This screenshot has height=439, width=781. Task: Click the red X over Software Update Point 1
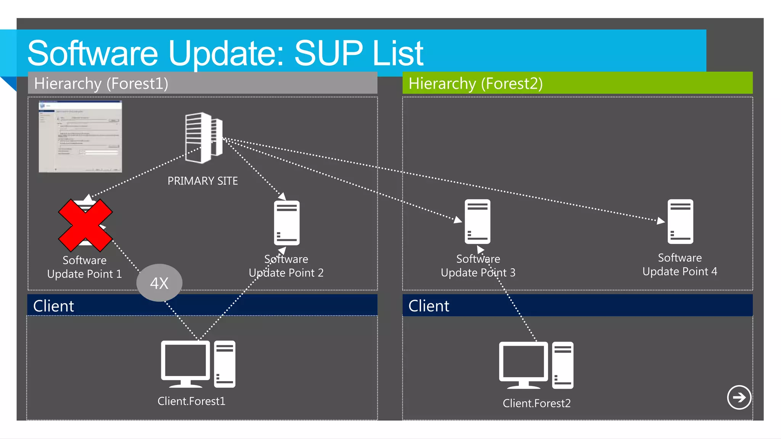click(x=85, y=225)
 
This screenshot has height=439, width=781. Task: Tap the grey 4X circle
click(x=159, y=283)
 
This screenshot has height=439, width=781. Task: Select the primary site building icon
click(x=203, y=138)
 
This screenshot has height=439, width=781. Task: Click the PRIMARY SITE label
click(x=202, y=181)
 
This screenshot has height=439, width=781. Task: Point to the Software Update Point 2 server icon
click(x=286, y=223)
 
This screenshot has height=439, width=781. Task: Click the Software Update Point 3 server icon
click(x=477, y=222)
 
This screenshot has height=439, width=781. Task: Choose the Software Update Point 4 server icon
click(x=680, y=222)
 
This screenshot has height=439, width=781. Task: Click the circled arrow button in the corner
click(x=739, y=397)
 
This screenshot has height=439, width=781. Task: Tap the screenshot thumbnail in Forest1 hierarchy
click(x=80, y=136)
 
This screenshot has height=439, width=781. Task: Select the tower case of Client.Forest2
click(x=562, y=365)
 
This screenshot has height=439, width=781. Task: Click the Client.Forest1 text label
click(x=191, y=401)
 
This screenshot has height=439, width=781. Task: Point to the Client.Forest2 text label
click(x=537, y=403)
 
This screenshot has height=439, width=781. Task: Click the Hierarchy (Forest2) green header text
click(x=475, y=83)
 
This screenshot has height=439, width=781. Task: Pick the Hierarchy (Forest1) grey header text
click(x=101, y=83)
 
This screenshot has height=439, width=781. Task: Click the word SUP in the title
click(x=328, y=53)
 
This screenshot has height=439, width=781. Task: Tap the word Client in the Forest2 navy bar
click(x=429, y=306)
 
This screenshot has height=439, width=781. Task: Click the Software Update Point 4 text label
click(x=680, y=265)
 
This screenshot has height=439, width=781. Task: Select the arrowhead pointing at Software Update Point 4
click(x=661, y=221)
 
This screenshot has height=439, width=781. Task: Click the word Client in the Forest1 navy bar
click(x=53, y=306)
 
